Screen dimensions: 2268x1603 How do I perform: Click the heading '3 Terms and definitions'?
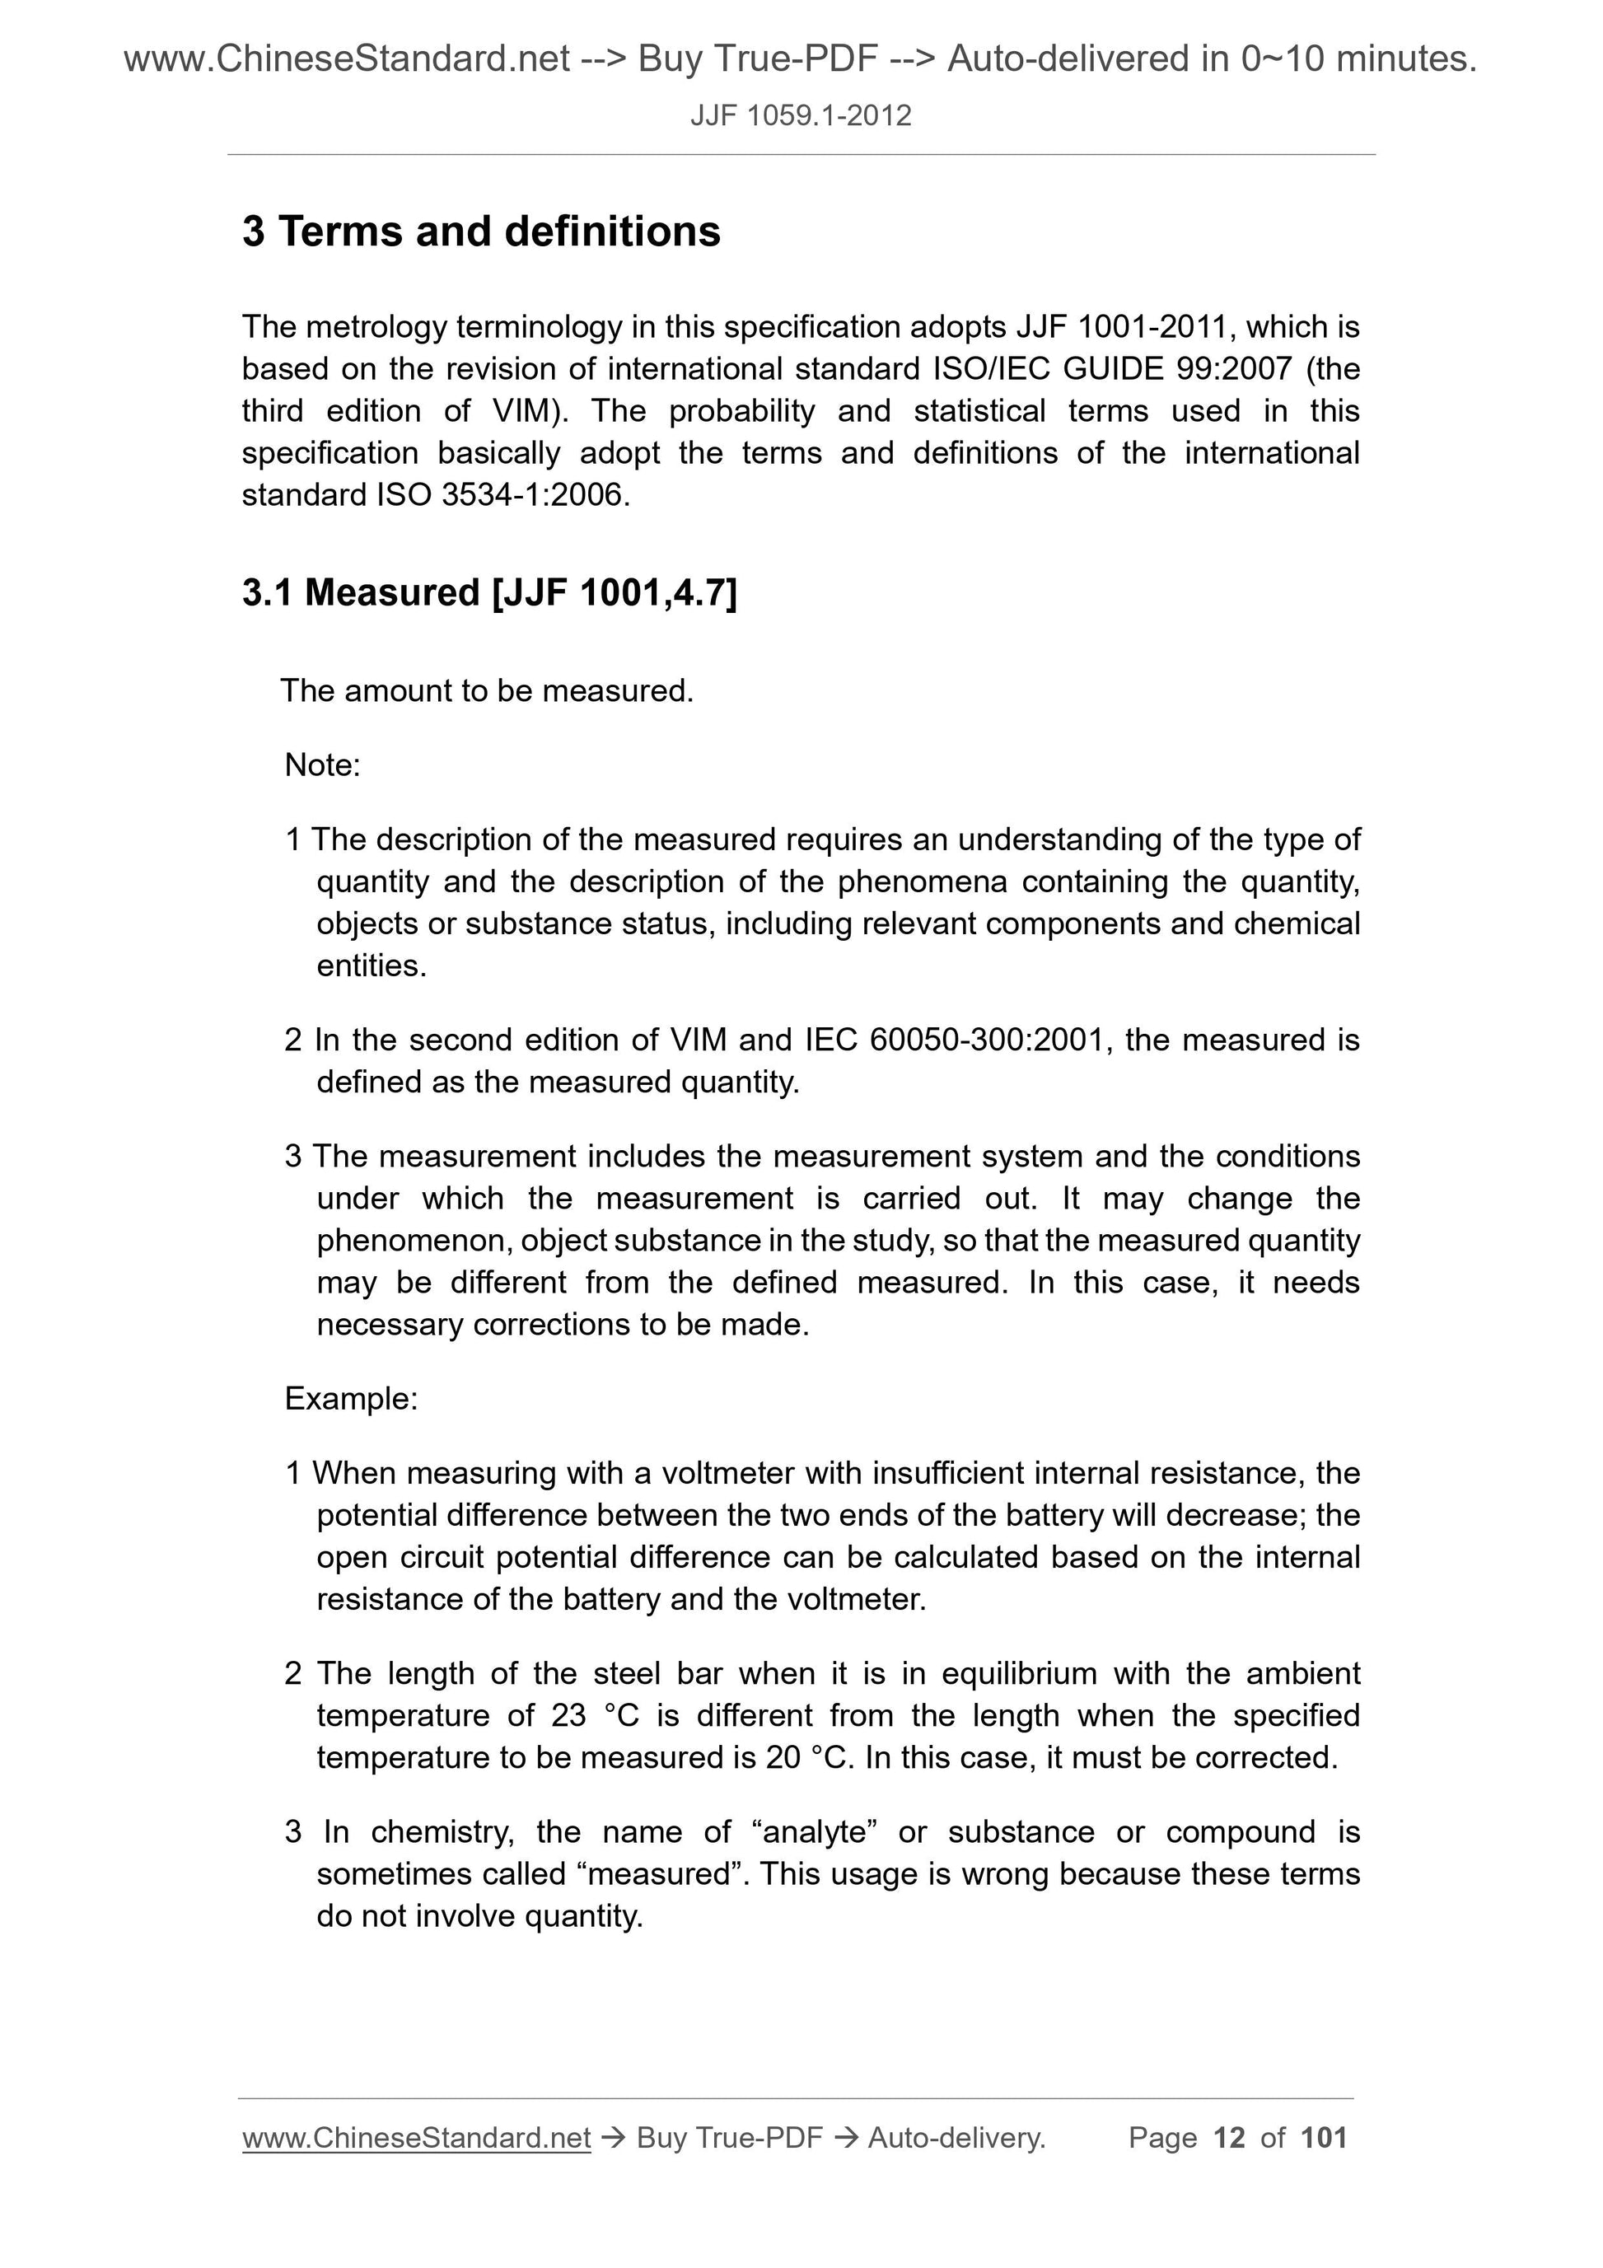click(481, 232)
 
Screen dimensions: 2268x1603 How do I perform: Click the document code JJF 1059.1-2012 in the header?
click(800, 116)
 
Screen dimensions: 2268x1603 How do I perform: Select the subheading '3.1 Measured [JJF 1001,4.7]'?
click(489, 592)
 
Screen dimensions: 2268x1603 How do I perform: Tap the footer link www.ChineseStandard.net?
click(416, 2138)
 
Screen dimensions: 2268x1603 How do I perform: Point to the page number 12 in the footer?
click(1229, 2138)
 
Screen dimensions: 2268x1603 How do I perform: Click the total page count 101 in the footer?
click(1324, 2138)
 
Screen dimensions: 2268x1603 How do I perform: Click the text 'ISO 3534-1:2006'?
click(501, 495)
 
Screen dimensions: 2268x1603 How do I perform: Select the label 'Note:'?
click(322, 765)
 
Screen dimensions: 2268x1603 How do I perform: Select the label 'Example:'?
click(351, 1399)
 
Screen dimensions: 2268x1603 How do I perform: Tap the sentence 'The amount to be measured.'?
click(487, 690)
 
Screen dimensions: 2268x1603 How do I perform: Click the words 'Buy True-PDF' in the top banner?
click(758, 59)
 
